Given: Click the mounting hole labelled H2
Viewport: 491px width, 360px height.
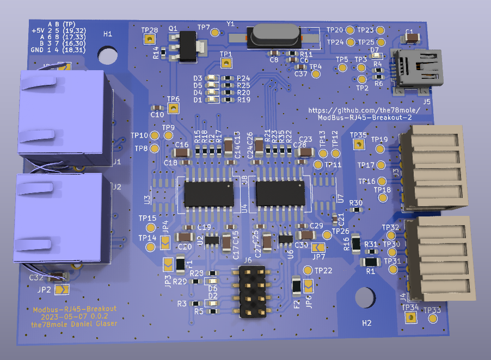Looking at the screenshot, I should (365, 297).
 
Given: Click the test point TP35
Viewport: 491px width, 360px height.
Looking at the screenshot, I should (358, 145).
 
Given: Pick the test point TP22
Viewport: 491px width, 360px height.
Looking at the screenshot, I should (308, 270).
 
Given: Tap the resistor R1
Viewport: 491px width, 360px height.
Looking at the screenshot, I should (371, 262).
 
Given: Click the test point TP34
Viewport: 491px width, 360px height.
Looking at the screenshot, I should (410, 317).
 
